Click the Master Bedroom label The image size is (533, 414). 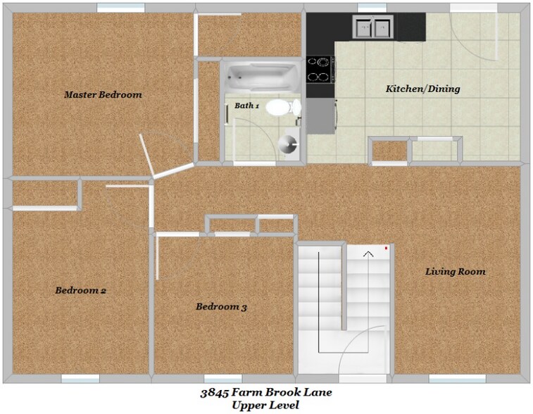pos(103,94)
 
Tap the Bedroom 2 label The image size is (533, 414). pos(80,290)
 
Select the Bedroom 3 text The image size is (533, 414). pos(221,307)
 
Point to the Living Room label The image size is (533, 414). pos(456,272)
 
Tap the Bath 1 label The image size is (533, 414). pos(247,106)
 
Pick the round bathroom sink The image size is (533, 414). pos(287,144)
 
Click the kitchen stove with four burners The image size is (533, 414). pos(320,69)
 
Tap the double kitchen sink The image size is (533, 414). pos(372,28)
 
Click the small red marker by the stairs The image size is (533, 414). pos(387,248)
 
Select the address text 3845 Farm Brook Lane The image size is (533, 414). pos(266,392)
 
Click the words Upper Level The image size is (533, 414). pos(265,405)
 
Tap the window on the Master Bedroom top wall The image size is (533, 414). pos(116,8)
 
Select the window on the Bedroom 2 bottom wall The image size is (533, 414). pos(80,379)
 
